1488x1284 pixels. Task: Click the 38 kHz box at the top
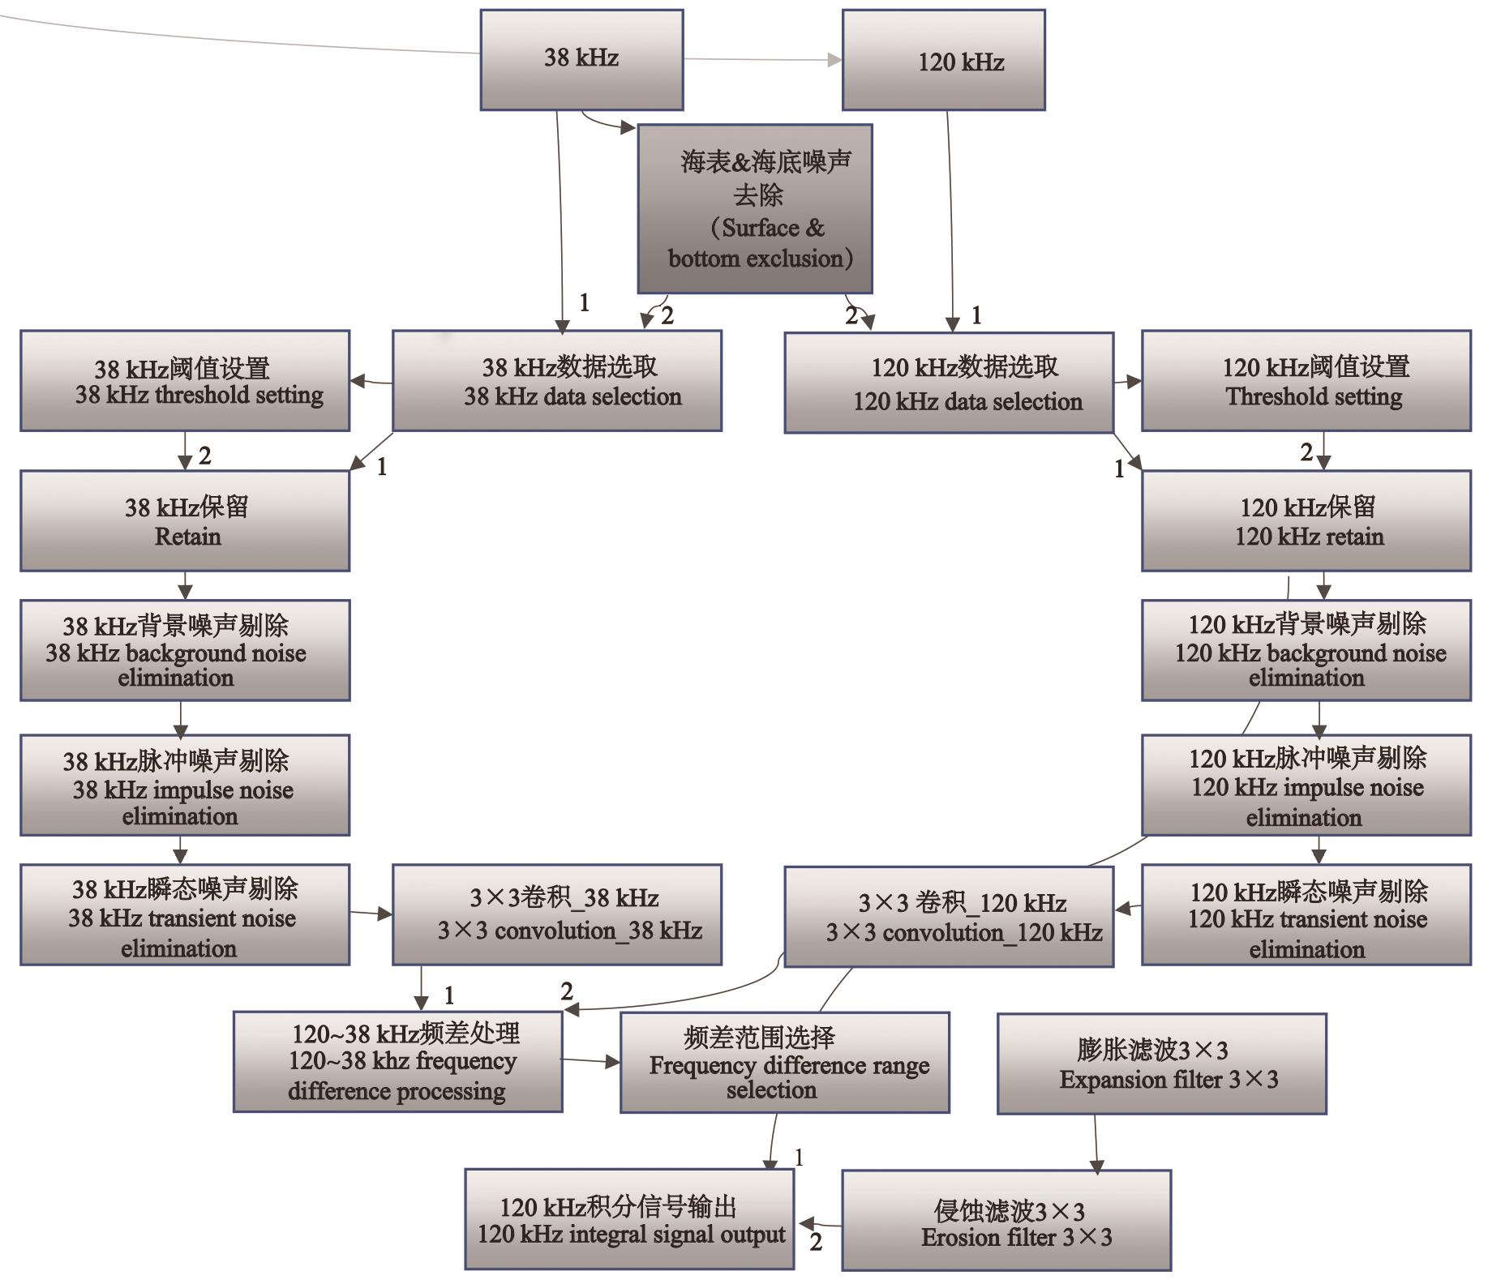click(x=581, y=59)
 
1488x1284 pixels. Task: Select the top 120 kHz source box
click(x=943, y=60)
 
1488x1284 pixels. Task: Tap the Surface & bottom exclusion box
click(x=754, y=208)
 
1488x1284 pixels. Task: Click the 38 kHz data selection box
click(x=557, y=380)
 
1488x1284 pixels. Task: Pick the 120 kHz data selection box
click(x=949, y=382)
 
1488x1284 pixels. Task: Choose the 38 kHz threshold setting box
click(x=185, y=380)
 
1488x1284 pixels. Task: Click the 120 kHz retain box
click(x=1306, y=521)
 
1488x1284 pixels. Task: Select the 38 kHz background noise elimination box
click(x=185, y=650)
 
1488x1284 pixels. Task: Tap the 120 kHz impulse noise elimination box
click(x=1306, y=785)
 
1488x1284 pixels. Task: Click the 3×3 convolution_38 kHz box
click(x=557, y=914)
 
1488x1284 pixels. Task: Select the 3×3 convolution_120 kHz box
click(x=949, y=916)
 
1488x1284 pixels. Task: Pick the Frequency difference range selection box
click(x=784, y=1062)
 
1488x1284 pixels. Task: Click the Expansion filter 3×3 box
click(x=1161, y=1064)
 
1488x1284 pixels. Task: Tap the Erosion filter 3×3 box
click(x=1006, y=1220)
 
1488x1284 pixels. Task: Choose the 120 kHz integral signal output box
click(x=629, y=1219)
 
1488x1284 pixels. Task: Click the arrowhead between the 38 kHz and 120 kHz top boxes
click(x=834, y=60)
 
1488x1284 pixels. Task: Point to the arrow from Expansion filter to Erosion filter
click(x=1096, y=1143)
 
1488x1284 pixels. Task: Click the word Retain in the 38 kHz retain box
click(x=187, y=537)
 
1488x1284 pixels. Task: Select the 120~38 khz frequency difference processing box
click(x=397, y=1062)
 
